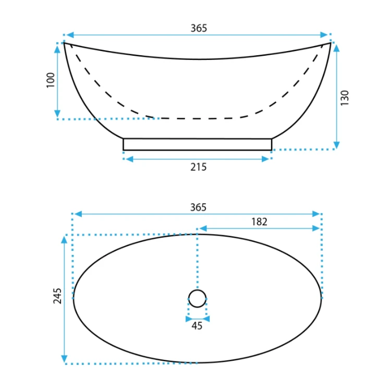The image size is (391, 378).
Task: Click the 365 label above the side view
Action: [x=199, y=28]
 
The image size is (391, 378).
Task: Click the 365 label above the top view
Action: [x=198, y=207]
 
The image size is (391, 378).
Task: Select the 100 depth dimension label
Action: [x=51, y=80]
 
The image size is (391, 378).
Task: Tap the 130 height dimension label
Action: [x=345, y=97]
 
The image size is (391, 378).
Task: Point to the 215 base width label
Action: [x=199, y=167]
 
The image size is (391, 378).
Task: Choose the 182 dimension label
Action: [x=259, y=222]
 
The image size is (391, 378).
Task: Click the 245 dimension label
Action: [x=57, y=296]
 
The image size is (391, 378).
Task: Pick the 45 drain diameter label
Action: [x=197, y=326]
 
